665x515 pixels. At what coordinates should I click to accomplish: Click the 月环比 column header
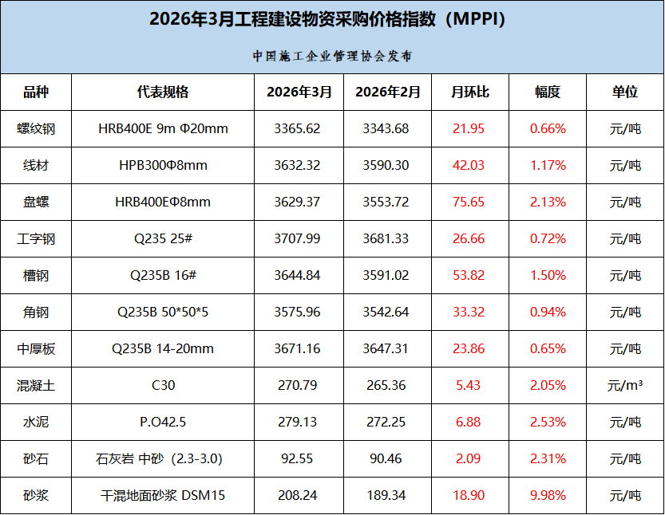pyautogui.click(x=470, y=92)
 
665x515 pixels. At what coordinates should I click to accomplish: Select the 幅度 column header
pyautogui.click(x=548, y=92)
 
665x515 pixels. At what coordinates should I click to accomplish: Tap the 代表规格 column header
pyautogui.click(x=163, y=92)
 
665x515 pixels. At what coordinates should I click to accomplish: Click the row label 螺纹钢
pyautogui.click(x=36, y=129)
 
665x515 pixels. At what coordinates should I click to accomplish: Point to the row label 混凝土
pyautogui.click(x=36, y=385)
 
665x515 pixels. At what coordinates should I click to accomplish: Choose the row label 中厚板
pyautogui.click(x=36, y=349)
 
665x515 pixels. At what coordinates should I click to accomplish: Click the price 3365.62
pyautogui.click(x=297, y=128)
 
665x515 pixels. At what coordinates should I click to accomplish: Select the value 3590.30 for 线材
pyautogui.click(x=386, y=165)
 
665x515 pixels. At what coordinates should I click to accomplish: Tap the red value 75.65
pyautogui.click(x=468, y=202)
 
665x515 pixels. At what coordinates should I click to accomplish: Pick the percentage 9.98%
pyautogui.click(x=548, y=495)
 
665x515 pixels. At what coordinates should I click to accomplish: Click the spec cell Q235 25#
pyautogui.click(x=164, y=239)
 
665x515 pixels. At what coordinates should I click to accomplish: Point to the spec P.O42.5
pyautogui.click(x=163, y=422)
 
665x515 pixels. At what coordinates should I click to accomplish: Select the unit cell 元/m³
pyautogui.click(x=625, y=385)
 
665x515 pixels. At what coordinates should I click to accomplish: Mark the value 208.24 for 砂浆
pyautogui.click(x=297, y=495)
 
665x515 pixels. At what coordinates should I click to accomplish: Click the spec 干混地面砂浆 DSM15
pyautogui.click(x=163, y=495)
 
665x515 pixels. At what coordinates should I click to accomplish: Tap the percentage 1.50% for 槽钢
pyautogui.click(x=548, y=275)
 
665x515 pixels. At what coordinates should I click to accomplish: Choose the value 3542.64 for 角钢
pyautogui.click(x=386, y=313)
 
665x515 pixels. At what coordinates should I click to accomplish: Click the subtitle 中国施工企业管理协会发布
pyautogui.click(x=332, y=56)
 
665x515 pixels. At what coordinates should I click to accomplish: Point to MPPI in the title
pyautogui.click(x=477, y=19)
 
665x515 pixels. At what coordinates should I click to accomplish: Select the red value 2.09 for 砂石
pyautogui.click(x=468, y=458)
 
